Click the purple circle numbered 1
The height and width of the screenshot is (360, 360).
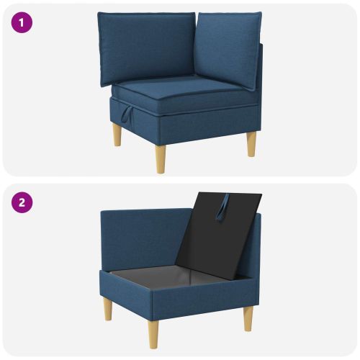[x=22, y=22]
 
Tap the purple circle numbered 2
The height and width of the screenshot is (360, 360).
[x=22, y=202]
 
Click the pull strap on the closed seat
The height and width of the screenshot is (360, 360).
[x=127, y=114]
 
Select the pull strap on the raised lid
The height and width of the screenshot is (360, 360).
[x=222, y=207]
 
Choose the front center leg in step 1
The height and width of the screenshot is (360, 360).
[x=161, y=159]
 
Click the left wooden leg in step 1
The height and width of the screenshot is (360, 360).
[x=117, y=135]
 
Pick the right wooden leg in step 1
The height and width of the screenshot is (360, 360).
[x=251, y=144]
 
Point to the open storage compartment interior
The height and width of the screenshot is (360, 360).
[x=168, y=276]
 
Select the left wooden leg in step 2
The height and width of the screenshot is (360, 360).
[x=108, y=308]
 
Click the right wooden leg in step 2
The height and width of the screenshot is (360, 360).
[x=248, y=319]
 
